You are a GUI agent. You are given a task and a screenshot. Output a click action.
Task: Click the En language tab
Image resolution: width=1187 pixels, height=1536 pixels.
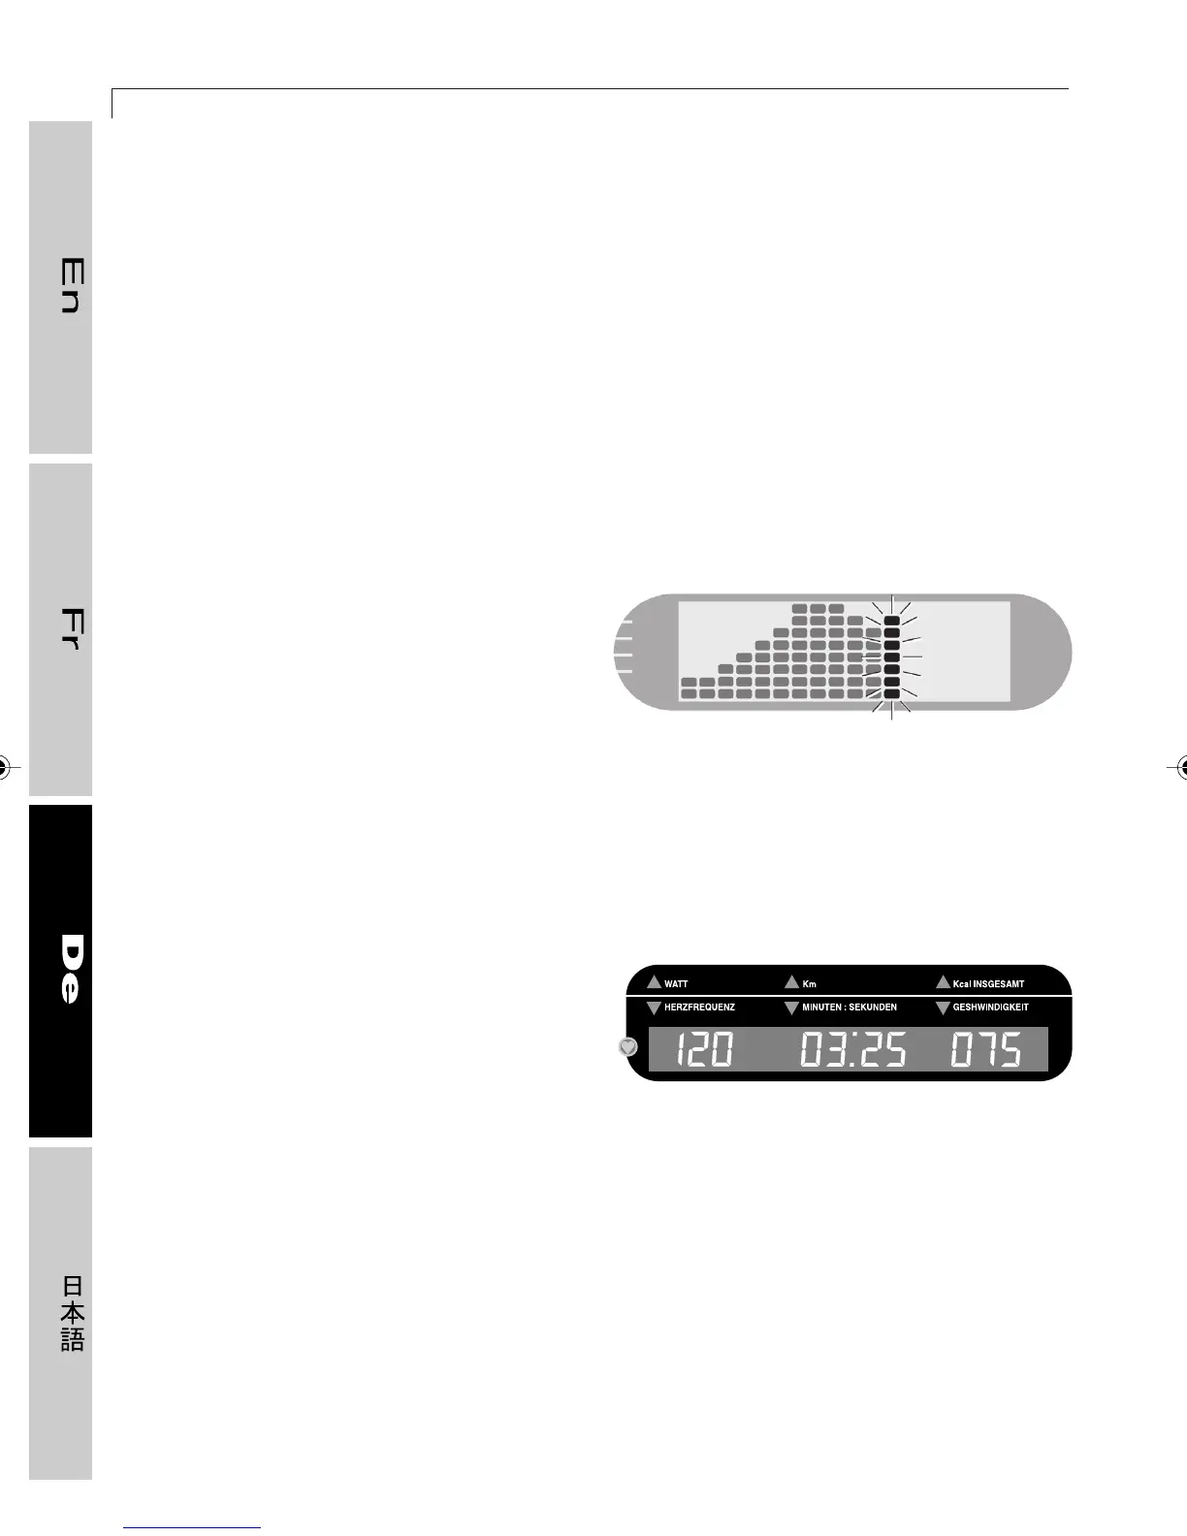pyautogui.click(x=60, y=287)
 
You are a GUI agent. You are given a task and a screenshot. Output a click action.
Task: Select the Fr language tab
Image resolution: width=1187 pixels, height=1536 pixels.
pyautogui.click(x=60, y=629)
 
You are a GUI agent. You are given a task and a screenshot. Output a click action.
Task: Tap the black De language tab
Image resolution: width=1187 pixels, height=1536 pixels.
pyautogui.click(x=60, y=971)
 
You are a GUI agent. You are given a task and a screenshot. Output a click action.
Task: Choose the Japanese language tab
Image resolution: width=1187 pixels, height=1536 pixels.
pyautogui.click(x=60, y=1313)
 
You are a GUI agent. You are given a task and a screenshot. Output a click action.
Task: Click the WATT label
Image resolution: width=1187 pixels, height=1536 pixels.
pyautogui.click(x=676, y=984)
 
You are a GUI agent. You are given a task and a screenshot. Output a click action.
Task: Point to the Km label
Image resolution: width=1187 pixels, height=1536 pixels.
pyautogui.click(x=810, y=984)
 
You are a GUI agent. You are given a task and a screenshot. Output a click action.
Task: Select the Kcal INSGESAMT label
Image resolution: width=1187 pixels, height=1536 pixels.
pyautogui.click(x=988, y=984)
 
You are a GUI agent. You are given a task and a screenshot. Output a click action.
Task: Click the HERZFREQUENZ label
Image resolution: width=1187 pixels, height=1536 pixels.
pyautogui.click(x=699, y=1008)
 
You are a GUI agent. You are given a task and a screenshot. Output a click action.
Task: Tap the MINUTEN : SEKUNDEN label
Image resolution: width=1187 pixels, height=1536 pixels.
pyautogui.click(x=850, y=1008)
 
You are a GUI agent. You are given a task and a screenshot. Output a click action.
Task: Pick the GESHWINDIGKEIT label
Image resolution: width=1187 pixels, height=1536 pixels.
pyautogui.click(x=990, y=1008)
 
